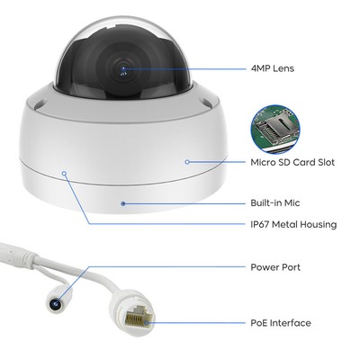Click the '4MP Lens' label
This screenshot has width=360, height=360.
click(273, 68)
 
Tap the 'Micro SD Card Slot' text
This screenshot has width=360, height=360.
click(292, 162)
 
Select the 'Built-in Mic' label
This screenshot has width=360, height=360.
click(275, 203)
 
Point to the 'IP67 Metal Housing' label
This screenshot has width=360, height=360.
click(293, 224)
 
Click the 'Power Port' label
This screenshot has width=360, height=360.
click(275, 267)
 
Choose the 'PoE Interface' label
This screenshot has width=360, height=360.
click(281, 323)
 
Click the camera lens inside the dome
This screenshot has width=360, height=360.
click(122, 69)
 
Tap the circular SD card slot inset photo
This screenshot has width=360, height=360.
click(275, 130)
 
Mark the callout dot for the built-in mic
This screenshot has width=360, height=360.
click(122, 203)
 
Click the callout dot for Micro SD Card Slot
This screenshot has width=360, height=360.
click(187, 162)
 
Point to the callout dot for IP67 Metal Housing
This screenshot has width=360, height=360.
click(64, 173)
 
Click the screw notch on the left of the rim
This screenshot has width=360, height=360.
click(39, 105)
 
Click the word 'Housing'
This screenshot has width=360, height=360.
click(319, 225)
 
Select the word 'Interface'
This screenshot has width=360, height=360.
click(290, 323)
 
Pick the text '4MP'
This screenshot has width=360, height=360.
click(260, 68)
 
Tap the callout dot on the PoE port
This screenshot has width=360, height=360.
click(146, 323)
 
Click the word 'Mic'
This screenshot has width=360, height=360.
click(292, 203)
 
